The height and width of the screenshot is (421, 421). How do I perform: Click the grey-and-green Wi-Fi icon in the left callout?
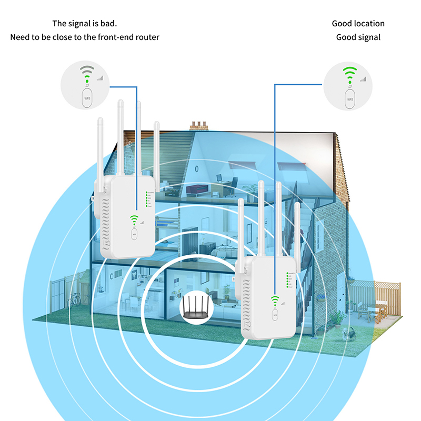(87, 74)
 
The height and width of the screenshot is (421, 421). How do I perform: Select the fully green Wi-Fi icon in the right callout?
(349, 74)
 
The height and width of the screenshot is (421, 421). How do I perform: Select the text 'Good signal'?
(358, 37)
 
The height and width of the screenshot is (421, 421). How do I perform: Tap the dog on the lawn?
(347, 333)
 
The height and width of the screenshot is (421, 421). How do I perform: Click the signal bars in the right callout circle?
(363, 79)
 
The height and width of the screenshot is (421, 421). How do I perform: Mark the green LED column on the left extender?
(146, 200)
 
